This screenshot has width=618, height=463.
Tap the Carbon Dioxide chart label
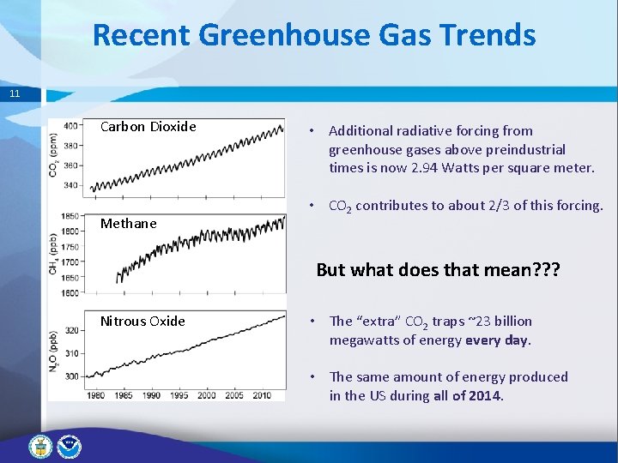coord(148,127)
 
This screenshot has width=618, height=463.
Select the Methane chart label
coord(128,224)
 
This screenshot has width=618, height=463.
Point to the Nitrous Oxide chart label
coord(142,322)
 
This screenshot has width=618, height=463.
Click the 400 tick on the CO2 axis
coord(72,125)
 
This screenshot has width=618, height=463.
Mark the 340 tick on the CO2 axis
coord(72,184)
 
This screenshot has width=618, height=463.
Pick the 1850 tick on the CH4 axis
coord(70,216)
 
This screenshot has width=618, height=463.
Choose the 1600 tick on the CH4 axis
coord(70,293)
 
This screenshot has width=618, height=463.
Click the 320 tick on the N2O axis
coord(72,329)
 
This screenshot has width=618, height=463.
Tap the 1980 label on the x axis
coord(97,395)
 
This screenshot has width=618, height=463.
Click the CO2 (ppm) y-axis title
coord(54,154)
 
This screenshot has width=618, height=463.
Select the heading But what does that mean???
coord(438,269)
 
